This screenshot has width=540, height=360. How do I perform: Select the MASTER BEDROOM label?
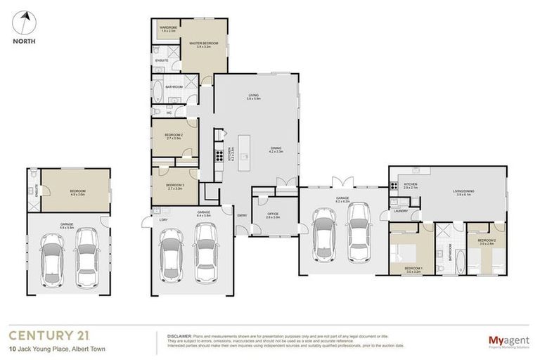click(203, 44)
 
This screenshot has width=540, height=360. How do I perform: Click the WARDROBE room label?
click(168, 28)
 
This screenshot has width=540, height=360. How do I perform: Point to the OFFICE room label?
click(273, 214)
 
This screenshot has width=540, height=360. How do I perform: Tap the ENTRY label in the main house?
click(242, 215)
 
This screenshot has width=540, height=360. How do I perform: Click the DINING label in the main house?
click(276, 149)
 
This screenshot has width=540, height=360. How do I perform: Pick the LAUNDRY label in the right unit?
click(401, 210)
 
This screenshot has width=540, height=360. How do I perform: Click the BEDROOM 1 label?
click(413, 269)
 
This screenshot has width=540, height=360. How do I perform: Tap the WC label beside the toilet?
click(169, 112)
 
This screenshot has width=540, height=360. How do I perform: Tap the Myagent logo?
click(508, 341)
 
